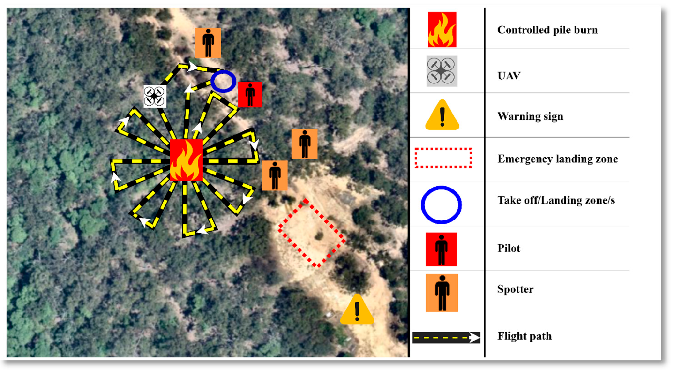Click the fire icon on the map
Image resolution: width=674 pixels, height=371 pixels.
point(186,160)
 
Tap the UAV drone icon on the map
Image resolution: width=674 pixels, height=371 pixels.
point(155,96)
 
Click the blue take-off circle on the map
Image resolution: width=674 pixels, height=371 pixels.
point(223,81)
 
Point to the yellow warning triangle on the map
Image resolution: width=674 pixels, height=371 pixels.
point(357,310)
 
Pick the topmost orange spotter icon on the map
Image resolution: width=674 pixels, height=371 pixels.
point(208,43)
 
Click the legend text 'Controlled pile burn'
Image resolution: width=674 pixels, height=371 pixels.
point(547,30)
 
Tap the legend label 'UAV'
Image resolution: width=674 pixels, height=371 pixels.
point(509,76)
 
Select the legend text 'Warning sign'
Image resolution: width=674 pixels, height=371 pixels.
point(530,116)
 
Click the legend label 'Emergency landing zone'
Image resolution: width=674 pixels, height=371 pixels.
point(558,159)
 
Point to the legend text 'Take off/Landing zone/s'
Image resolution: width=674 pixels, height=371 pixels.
point(556,201)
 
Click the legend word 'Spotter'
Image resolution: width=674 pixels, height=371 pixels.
point(515,289)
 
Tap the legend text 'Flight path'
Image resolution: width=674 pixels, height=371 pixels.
point(524,336)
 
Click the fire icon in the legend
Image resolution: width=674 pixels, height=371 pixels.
point(442,30)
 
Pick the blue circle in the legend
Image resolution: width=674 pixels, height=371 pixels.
point(441,205)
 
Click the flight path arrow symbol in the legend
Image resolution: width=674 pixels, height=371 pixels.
point(446,338)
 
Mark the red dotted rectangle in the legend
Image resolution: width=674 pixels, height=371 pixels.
point(443,158)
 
